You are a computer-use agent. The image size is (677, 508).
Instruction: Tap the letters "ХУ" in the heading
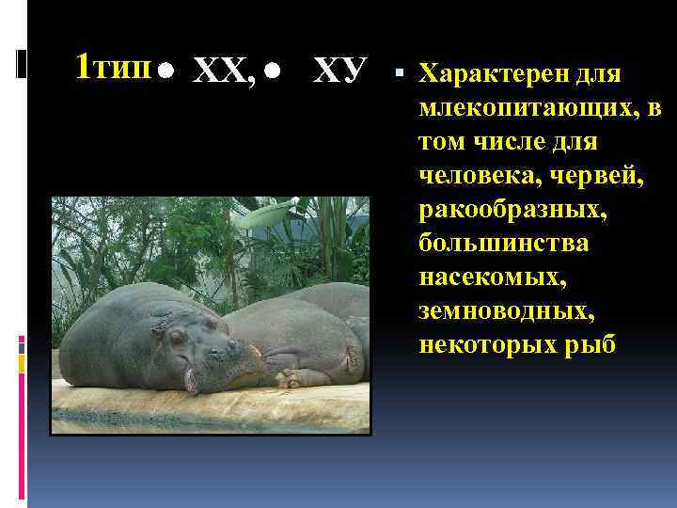(338, 69)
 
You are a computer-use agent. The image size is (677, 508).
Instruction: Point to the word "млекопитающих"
(530, 110)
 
